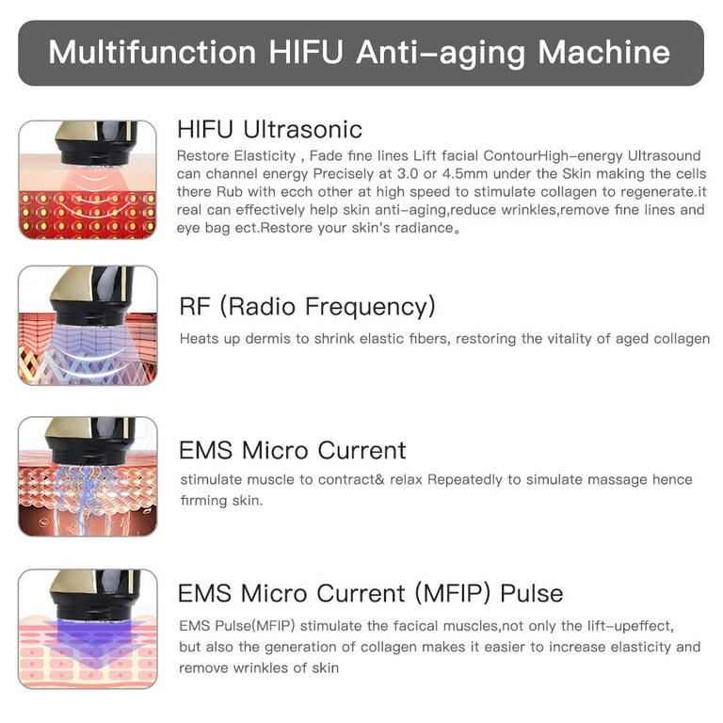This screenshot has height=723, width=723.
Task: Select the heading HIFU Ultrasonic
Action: click(x=269, y=129)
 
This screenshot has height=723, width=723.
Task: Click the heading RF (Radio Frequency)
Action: click(x=307, y=306)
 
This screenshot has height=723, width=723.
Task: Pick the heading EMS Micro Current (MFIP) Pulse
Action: click(x=370, y=594)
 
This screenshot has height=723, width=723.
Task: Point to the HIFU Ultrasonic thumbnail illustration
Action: click(x=88, y=180)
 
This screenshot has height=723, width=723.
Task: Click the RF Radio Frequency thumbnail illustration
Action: click(x=88, y=325)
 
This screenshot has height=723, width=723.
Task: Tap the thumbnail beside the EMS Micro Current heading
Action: click(x=88, y=476)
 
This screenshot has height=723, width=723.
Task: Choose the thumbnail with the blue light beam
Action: click(x=88, y=628)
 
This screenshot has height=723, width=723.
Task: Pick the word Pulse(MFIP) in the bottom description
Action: click(x=249, y=626)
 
